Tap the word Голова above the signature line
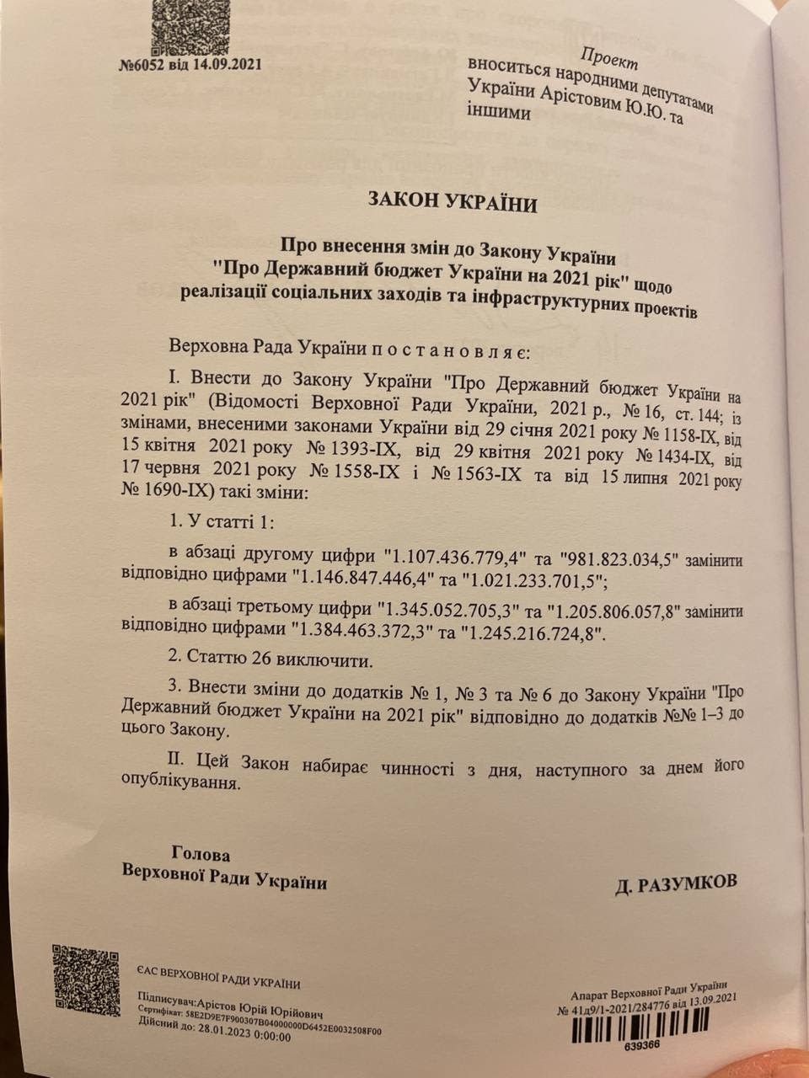tap(200, 853)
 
